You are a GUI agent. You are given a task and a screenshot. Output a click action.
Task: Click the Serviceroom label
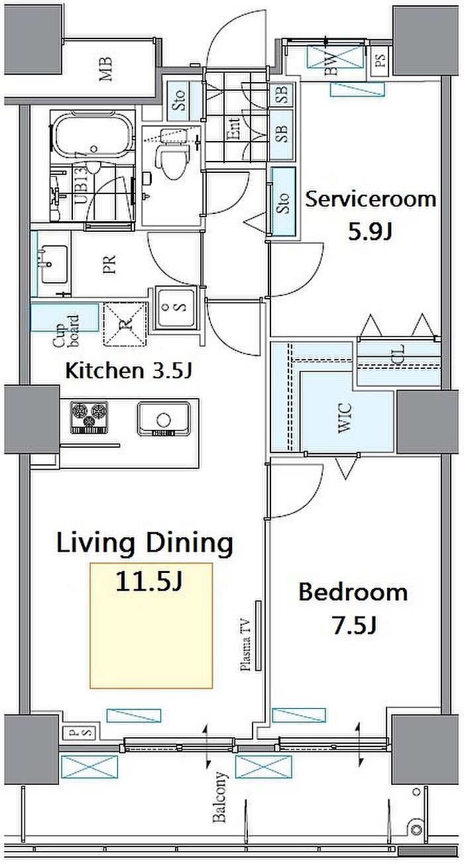(x=371, y=199)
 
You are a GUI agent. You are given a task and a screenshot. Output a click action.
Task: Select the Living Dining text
(x=145, y=544)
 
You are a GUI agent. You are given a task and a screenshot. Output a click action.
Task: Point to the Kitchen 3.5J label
(x=129, y=371)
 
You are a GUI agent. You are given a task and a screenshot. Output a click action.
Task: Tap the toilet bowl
(x=170, y=163)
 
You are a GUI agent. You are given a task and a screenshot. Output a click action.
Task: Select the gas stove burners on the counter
(x=89, y=418)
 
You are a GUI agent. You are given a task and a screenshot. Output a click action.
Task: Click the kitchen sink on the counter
(x=164, y=419)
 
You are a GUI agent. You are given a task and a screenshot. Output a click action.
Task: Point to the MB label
(x=105, y=70)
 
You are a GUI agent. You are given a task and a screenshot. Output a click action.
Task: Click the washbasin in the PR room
(x=52, y=264)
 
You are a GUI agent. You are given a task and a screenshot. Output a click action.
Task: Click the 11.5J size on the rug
(x=149, y=582)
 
